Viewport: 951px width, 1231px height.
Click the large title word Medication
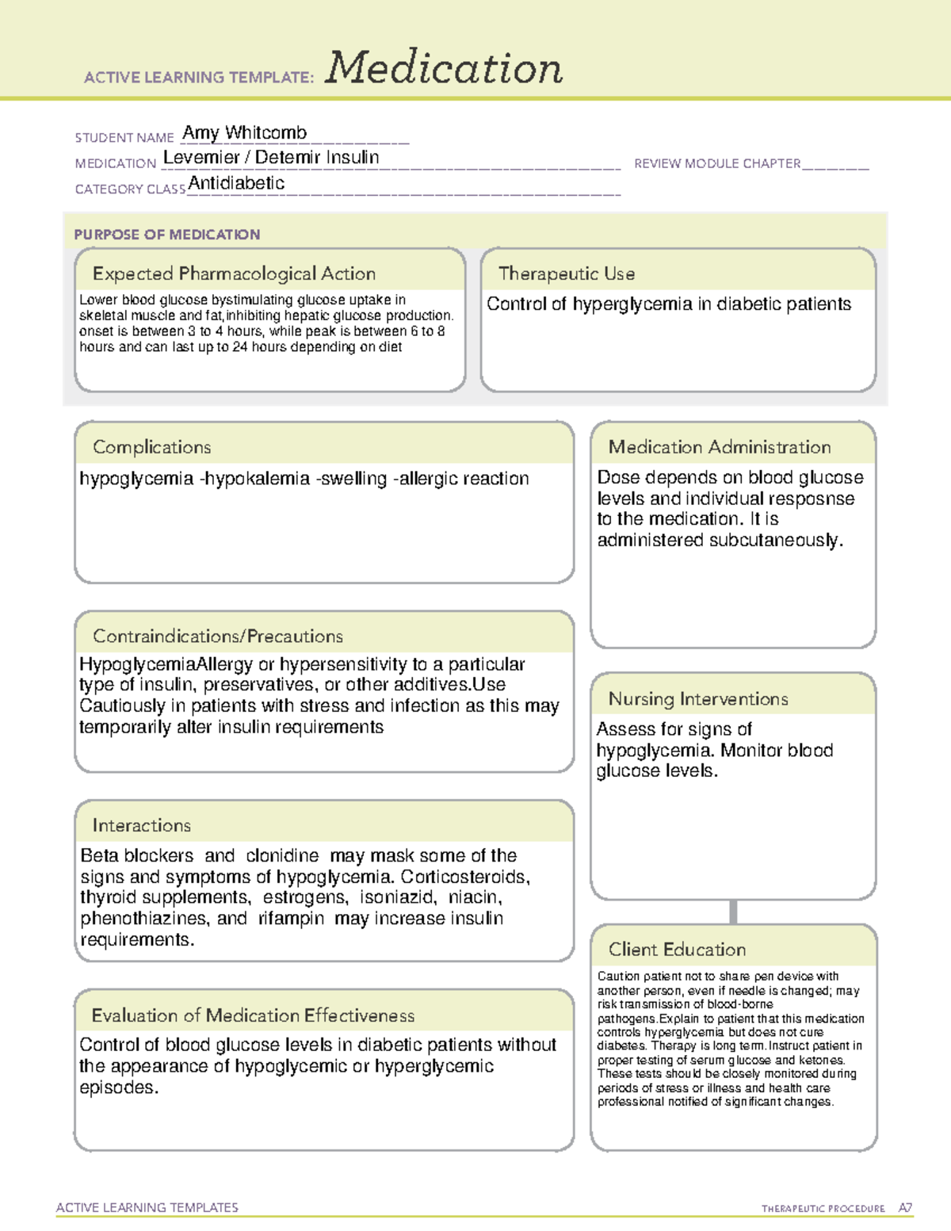click(444, 68)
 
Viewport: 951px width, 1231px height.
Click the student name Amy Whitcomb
click(244, 132)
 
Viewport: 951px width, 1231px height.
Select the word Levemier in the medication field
click(201, 158)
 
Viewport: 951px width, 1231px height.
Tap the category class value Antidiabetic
click(236, 183)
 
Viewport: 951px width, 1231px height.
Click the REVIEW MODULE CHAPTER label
click(717, 163)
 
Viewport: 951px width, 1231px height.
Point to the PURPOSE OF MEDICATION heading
click(166, 235)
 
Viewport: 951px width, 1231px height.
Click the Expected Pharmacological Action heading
click(234, 273)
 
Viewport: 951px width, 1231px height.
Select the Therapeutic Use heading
click(566, 273)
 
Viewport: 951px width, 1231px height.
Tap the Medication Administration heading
click(719, 447)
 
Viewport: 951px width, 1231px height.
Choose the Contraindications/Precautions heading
click(217, 636)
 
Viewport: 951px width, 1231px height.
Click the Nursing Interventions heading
click(697, 698)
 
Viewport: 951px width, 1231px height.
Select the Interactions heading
click(141, 825)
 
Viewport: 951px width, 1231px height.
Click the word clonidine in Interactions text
click(282, 856)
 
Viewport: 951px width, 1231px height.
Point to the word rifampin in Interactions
click(291, 919)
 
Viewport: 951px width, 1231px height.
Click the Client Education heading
click(677, 950)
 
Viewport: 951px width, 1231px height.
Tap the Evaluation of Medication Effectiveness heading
click(253, 1015)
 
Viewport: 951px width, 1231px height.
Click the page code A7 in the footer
click(905, 1208)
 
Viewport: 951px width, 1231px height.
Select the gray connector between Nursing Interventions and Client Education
click(733, 912)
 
